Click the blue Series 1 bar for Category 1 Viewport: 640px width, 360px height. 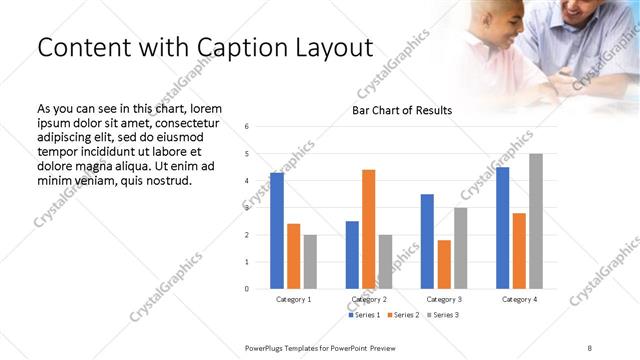pyautogui.click(x=276, y=231)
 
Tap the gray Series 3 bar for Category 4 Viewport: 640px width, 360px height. pyautogui.click(x=536, y=221)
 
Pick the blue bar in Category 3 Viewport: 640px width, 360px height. pyautogui.click(x=427, y=241)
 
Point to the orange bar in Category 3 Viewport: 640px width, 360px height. pyautogui.click(x=443, y=264)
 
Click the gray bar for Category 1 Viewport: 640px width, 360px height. pyautogui.click(x=310, y=262)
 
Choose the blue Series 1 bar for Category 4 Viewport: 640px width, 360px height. pyautogui.click(x=502, y=228)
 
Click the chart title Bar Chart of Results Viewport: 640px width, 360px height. pyautogui.click(x=401, y=110)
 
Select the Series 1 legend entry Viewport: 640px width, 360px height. pyautogui.click(x=363, y=315)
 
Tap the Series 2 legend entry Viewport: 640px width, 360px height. pyautogui.click(x=401, y=315)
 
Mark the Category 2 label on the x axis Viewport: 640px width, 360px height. pyautogui.click(x=369, y=299)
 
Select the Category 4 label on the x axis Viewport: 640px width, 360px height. pyautogui.click(x=519, y=299)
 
